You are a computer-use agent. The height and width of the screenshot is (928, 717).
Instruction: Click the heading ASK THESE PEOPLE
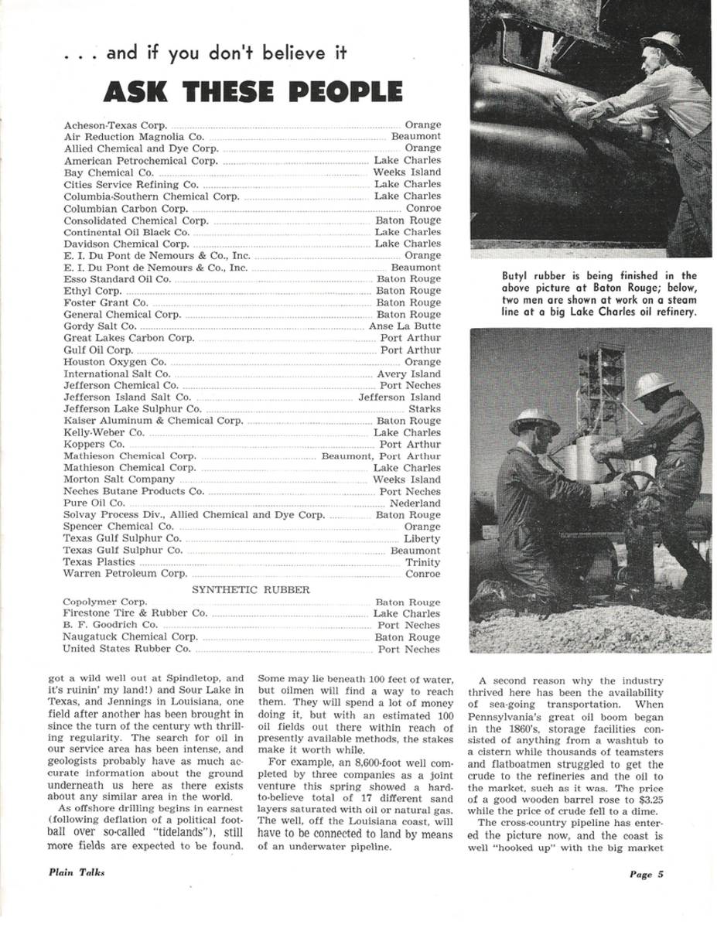point(253,91)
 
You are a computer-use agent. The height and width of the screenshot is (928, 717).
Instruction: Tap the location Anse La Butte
point(405,326)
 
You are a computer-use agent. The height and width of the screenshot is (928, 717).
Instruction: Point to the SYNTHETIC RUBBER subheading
point(251,589)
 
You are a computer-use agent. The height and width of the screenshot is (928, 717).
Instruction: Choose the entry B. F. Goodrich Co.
point(110,625)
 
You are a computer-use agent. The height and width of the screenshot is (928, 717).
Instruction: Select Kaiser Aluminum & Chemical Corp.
point(153,421)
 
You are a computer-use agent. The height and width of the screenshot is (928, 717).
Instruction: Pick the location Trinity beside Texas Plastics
point(423,562)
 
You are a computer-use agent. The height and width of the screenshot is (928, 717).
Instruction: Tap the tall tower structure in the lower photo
point(601,387)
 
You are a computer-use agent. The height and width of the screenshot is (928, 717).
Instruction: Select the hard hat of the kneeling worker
point(534,421)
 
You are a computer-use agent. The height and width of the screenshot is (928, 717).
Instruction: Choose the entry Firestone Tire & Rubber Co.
point(135,613)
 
